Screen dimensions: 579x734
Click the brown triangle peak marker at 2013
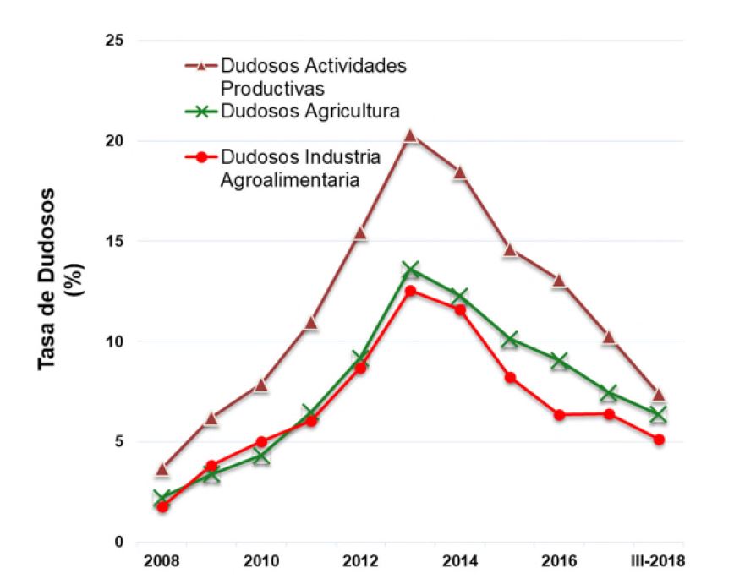click(x=410, y=135)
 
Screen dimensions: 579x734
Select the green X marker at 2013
click(x=410, y=270)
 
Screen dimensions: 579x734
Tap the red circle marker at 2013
click(x=410, y=291)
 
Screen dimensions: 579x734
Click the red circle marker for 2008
click(x=162, y=506)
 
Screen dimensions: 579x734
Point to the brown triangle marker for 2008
click(x=162, y=468)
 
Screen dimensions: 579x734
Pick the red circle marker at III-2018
click(x=659, y=440)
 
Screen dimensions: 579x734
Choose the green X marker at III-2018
click(x=659, y=414)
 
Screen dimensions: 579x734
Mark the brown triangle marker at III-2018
click(x=659, y=395)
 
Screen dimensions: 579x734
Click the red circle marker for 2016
click(x=560, y=415)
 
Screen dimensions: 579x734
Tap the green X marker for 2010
click(x=261, y=456)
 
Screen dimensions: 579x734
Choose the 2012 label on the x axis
click(x=361, y=561)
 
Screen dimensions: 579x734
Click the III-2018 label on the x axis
click(x=658, y=561)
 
